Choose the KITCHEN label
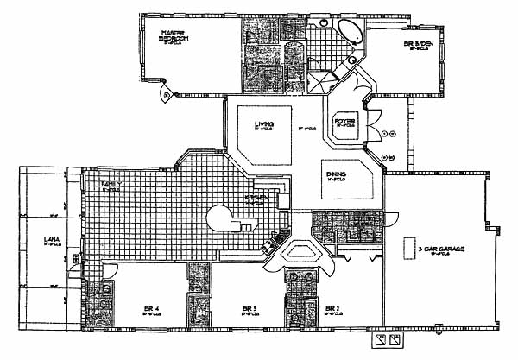point(257,199)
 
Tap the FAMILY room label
point(110,184)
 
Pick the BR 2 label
point(331,307)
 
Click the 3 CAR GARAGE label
point(441,249)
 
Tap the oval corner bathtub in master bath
point(349,35)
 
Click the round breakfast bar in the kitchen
point(218,217)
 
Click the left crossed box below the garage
point(376,341)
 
